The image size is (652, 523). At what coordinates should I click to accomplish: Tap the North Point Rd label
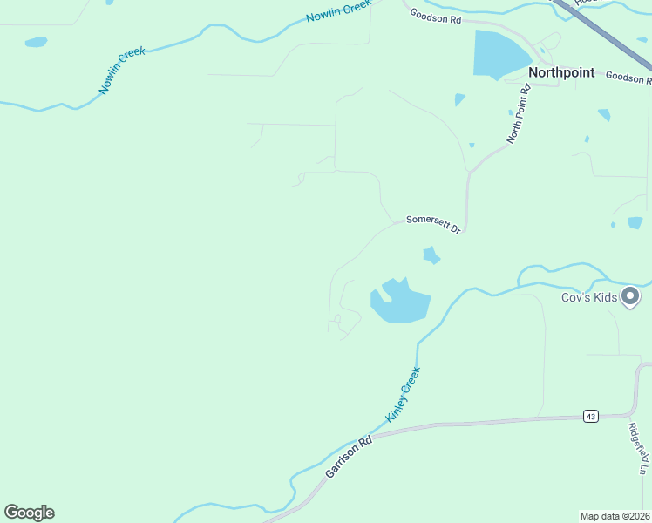[x=520, y=114]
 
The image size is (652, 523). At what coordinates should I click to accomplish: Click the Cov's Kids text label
[x=589, y=298]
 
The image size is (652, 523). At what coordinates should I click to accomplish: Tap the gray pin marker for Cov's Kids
[x=632, y=297]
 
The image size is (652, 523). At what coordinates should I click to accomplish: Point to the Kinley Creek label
[x=404, y=394]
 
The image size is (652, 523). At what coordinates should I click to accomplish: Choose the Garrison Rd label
[x=349, y=456]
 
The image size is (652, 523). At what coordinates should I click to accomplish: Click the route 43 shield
[x=591, y=417]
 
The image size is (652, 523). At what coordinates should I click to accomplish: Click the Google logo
[x=29, y=513]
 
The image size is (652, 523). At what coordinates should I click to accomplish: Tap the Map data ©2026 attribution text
[x=615, y=515]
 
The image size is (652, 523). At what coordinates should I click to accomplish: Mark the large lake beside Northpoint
[x=499, y=54]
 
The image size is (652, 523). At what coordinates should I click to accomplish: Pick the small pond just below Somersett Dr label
[x=431, y=255]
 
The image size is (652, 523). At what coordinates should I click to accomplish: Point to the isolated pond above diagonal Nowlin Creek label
[x=36, y=42]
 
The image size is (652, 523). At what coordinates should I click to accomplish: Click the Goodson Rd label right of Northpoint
[x=628, y=78]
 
